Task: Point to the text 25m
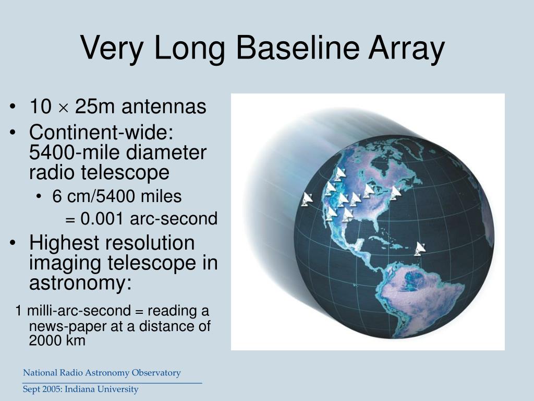[x=94, y=107]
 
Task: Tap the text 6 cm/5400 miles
[x=117, y=197]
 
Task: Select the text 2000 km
[x=57, y=341]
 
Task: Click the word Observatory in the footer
[x=156, y=373]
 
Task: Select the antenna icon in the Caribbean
[x=420, y=249]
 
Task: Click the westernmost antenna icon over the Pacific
[x=307, y=199]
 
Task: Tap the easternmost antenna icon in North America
[x=396, y=192]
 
